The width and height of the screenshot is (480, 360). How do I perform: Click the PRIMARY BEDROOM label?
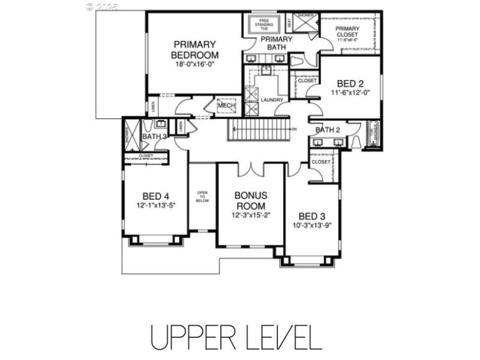tap(195, 50)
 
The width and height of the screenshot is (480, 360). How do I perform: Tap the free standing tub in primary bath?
tap(263, 25)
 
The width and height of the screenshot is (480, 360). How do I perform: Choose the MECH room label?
tap(226, 106)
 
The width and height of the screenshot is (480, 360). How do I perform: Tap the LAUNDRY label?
tap(272, 100)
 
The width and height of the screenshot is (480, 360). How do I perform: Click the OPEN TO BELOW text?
tap(203, 197)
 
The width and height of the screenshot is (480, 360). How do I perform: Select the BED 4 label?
tap(155, 196)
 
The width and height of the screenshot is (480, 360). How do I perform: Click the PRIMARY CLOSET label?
tap(348, 31)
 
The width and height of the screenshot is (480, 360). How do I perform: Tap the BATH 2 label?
tap(328, 130)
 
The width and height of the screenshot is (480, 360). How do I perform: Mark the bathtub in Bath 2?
tap(373, 135)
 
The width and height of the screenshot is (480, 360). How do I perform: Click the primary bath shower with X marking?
tap(305, 23)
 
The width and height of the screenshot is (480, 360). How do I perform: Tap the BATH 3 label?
tap(154, 137)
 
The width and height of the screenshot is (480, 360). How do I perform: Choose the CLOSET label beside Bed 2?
tap(307, 80)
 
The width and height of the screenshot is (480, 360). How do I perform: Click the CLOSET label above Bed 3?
tap(321, 161)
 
